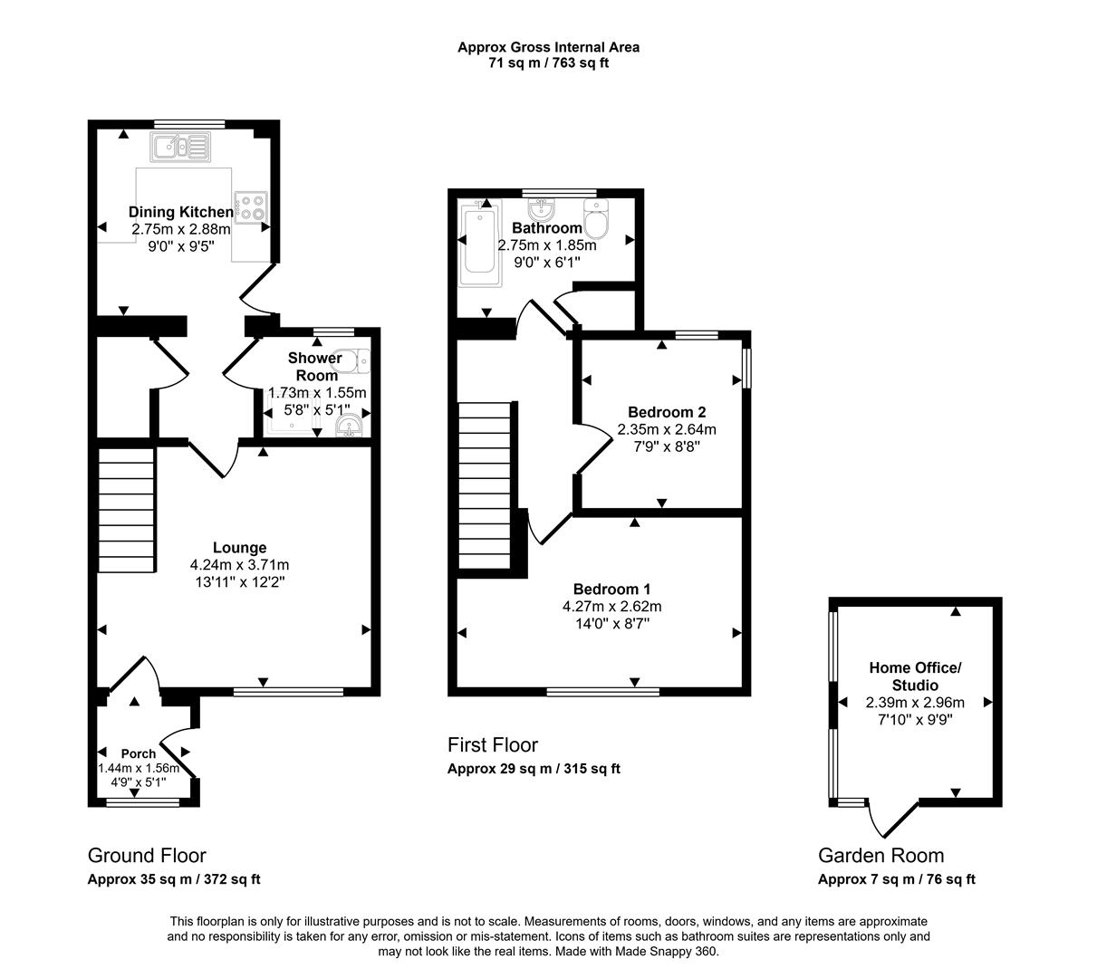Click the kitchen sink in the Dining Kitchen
[x=181, y=147]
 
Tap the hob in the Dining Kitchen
[x=251, y=208]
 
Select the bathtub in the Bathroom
[x=480, y=243]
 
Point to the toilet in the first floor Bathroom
[x=596, y=219]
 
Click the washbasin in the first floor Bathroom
[x=541, y=207]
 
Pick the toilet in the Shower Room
[x=355, y=361]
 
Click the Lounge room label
[x=239, y=548]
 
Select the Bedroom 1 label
[x=611, y=589]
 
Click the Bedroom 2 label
[x=667, y=412]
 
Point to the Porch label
[x=138, y=753]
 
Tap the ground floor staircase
[x=127, y=509]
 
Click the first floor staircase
[x=485, y=485]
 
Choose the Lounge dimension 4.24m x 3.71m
[x=239, y=565]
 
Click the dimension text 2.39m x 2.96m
[x=915, y=703]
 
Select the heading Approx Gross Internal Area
[x=549, y=47]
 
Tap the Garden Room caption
[x=881, y=855]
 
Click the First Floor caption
[x=493, y=745]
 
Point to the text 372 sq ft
[x=232, y=879]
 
